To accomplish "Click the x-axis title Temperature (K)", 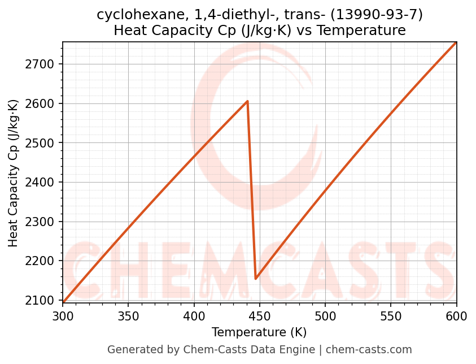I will tap(259, 332).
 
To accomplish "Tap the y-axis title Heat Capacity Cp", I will tap(14, 173).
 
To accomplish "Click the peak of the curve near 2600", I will tap(247, 102).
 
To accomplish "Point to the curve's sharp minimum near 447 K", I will tap(256, 279).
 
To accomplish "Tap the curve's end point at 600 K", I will tap(456, 42).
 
